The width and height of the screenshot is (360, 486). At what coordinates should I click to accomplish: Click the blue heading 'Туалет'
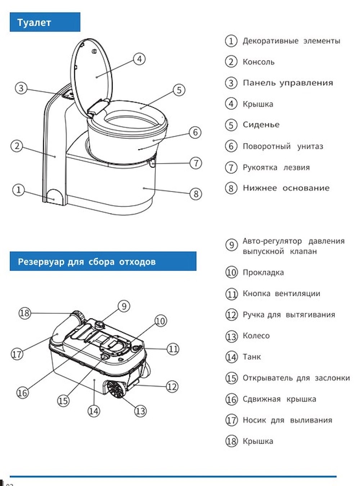point(34,23)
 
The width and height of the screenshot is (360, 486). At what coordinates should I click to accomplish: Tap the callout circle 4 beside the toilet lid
point(140,59)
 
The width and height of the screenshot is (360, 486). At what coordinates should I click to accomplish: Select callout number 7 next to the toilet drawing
point(195,163)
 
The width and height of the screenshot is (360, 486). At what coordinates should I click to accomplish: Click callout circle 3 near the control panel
point(21,88)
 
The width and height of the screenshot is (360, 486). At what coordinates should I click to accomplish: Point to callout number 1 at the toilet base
point(19,190)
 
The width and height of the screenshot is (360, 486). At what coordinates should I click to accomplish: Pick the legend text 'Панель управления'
point(288,83)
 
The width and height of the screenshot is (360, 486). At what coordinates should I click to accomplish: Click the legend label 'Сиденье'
point(261,125)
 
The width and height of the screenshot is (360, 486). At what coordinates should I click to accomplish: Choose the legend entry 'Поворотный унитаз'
point(283,146)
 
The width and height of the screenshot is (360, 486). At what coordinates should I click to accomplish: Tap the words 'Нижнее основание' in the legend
point(286,188)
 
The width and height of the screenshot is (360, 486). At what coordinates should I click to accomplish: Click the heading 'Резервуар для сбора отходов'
point(87,262)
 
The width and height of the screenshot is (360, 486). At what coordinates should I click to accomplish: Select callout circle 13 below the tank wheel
point(140,411)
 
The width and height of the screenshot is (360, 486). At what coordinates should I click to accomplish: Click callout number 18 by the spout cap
point(24,313)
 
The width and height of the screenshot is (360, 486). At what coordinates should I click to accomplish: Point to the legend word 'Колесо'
point(256,336)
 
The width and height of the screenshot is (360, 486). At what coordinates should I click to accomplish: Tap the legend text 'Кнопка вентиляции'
point(282,294)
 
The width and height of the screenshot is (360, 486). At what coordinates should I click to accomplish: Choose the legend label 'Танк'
point(252,357)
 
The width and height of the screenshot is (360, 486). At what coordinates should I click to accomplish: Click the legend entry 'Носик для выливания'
point(287,420)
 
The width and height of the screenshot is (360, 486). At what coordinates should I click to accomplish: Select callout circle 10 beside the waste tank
point(161,321)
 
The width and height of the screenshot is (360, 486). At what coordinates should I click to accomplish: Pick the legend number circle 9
point(231,245)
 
